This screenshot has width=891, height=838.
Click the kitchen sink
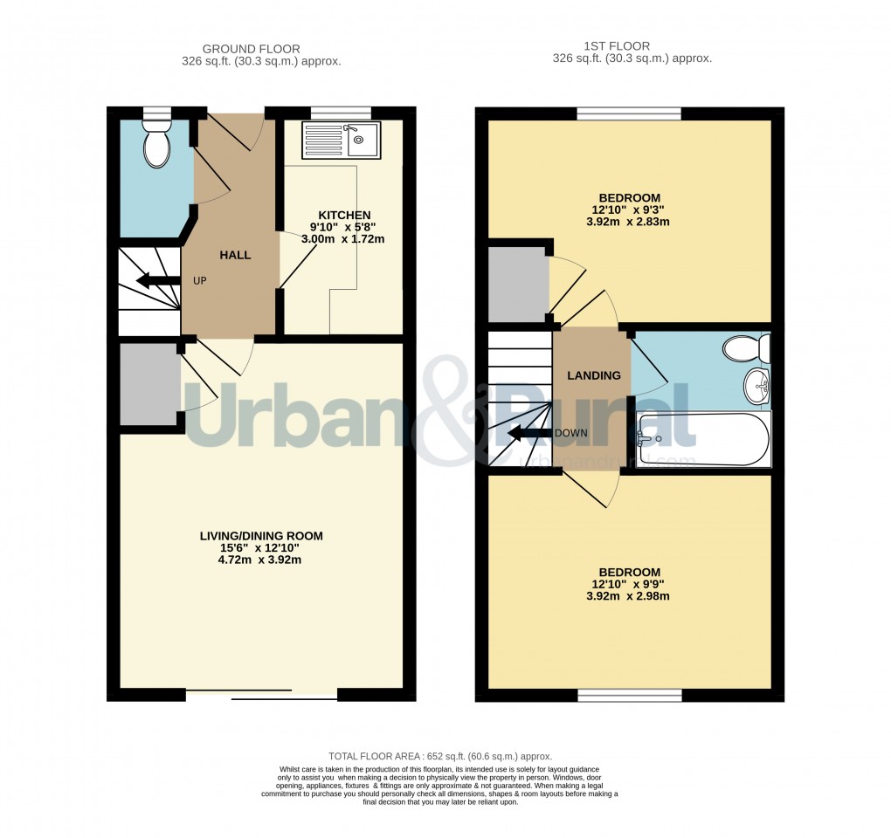[x=340, y=140]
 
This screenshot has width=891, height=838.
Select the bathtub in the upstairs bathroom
[x=703, y=438]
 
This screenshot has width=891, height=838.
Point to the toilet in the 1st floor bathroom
[x=746, y=348]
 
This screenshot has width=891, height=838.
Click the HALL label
[x=235, y=255]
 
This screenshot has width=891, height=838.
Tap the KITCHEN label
[x=344, y=215]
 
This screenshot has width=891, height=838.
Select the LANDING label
[x=594, y=375]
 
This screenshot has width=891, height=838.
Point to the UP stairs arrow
[x=153, y=281]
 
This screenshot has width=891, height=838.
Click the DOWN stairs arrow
[x=528, y=432]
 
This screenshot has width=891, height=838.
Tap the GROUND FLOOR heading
[x=251, y=49]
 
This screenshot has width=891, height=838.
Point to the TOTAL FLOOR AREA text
[x=440, y=756]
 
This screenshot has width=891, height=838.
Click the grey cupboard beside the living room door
[x=148, y=384]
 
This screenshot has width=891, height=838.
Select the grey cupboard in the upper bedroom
[x=517, y=284]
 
